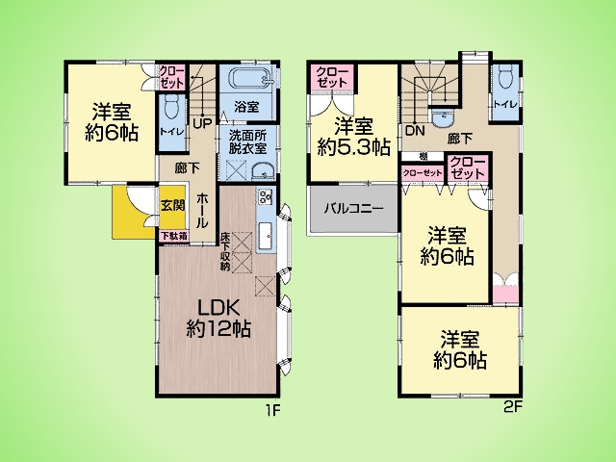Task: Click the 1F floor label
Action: tap(273, 411)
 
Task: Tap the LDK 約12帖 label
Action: tap(218, 319)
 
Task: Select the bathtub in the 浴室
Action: tap(250, 78)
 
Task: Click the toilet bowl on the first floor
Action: tap(171, 106)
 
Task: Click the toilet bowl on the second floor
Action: tap(505, 79)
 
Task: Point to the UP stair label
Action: tap(202, 123)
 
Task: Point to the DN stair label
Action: tap(415, 131)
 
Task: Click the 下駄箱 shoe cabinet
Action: tap(174, 236)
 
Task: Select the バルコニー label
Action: tap(353, 209)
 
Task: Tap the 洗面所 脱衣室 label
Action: tap(248, 142)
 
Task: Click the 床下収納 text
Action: tap(225, 251)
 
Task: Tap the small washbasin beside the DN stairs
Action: tap(442, 117)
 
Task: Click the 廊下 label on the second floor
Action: tap(460, 139)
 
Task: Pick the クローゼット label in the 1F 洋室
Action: tap(171, 77)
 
